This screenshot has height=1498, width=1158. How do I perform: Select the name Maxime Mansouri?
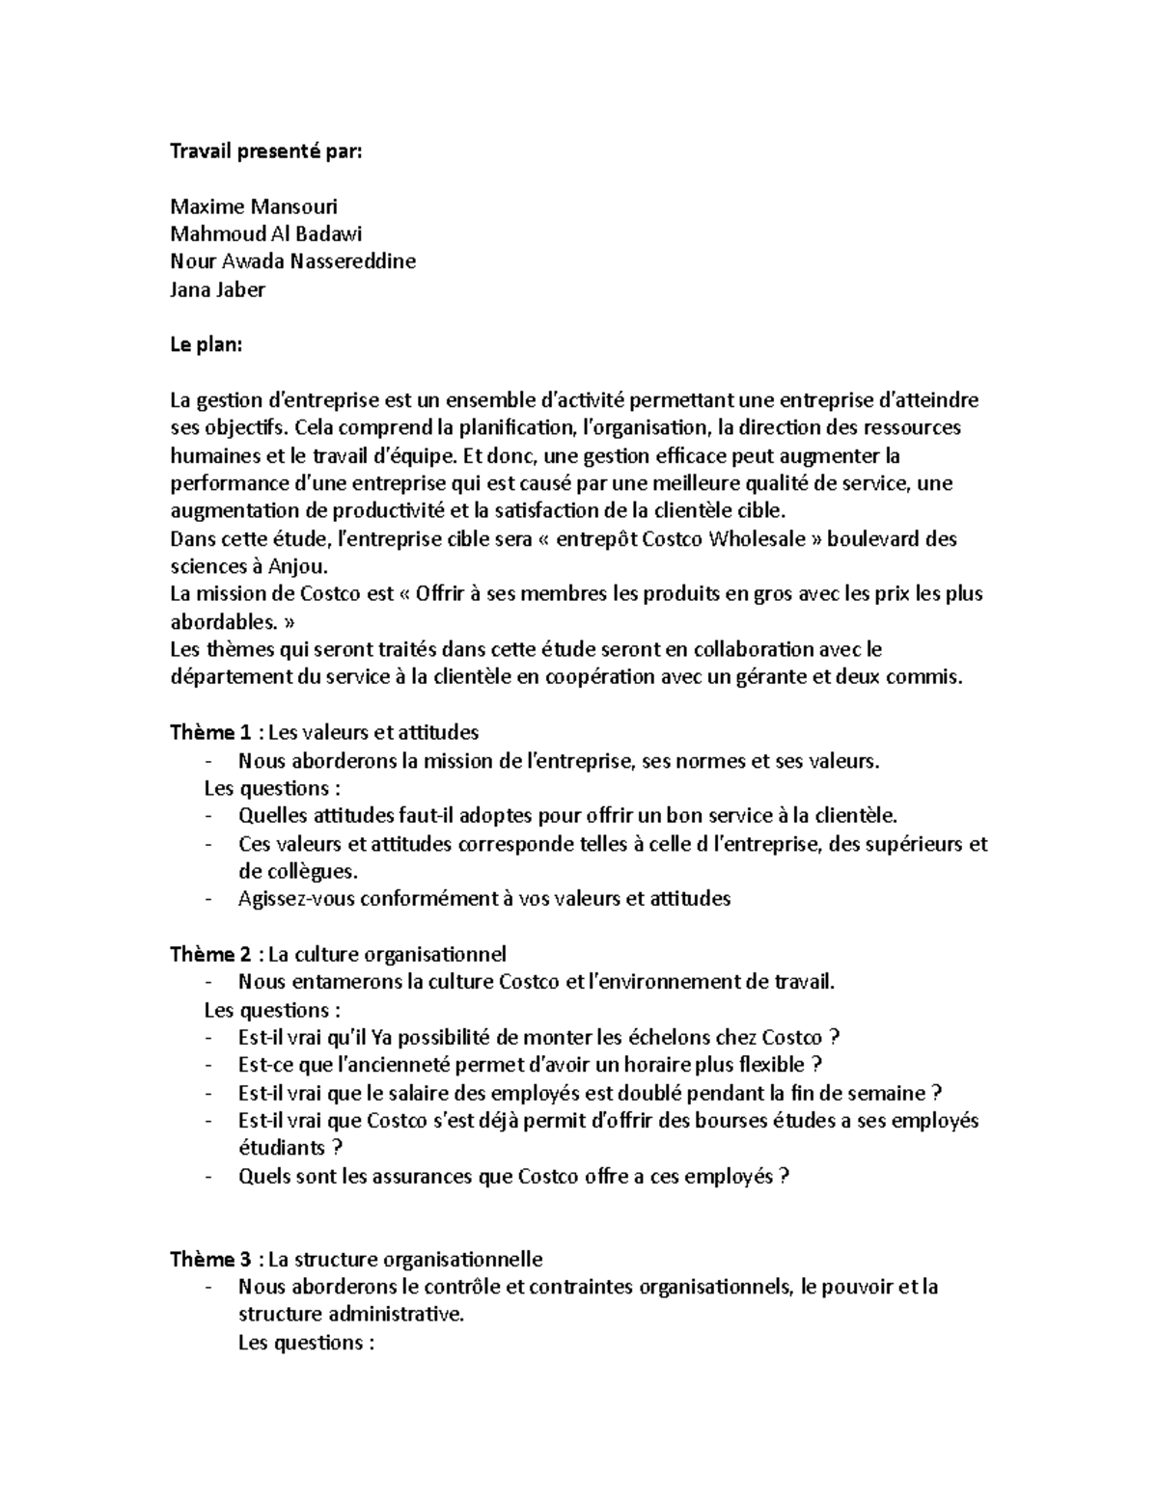tap(254, 206)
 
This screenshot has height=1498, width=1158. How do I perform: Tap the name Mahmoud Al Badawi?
tap(266, 233)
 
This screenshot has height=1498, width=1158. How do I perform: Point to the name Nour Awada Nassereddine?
tap(292, 261)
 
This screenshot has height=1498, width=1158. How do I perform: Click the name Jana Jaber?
tap(217, 289)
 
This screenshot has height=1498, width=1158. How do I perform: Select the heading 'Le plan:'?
tap(206, 344)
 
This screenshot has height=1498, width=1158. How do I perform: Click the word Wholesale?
tap(758, 539)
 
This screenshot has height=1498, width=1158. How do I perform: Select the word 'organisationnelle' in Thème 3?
tap(462, 1260)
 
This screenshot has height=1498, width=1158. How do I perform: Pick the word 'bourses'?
tap(709, 1121)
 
